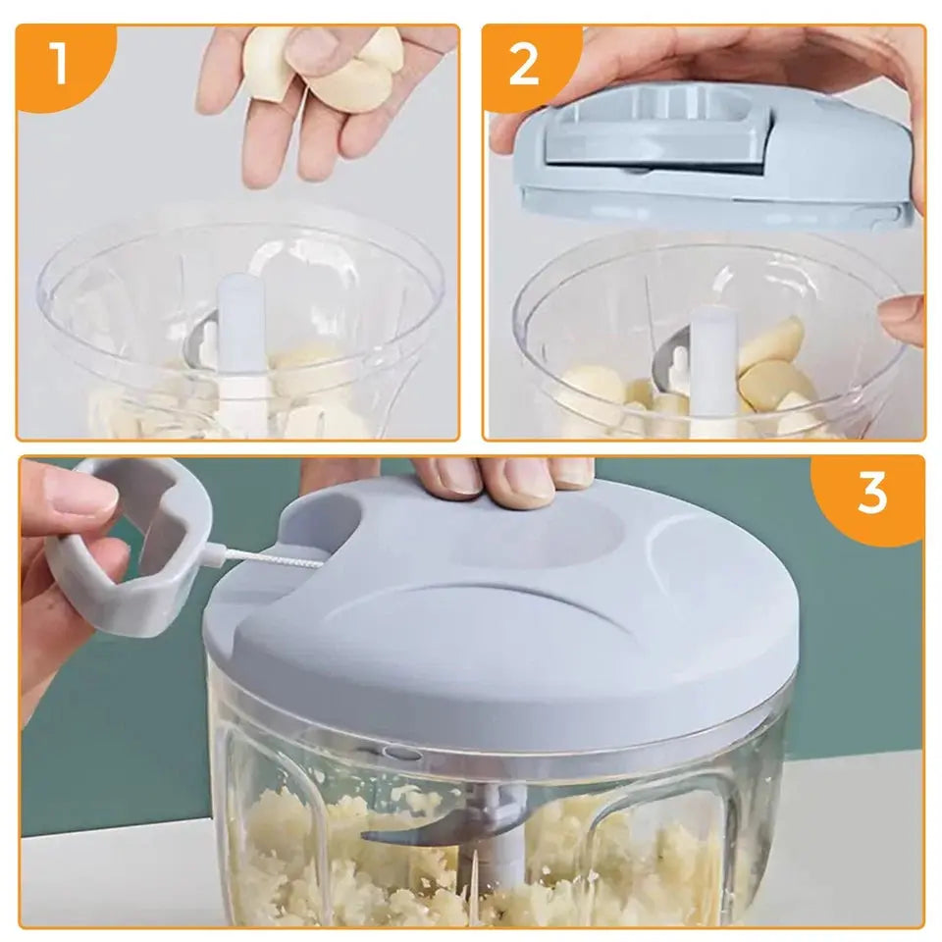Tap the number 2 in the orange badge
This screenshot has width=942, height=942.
tap(525, 64)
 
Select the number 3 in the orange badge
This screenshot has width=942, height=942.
tap(871, 493)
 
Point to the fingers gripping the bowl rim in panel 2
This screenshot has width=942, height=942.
tap(901, 319)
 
